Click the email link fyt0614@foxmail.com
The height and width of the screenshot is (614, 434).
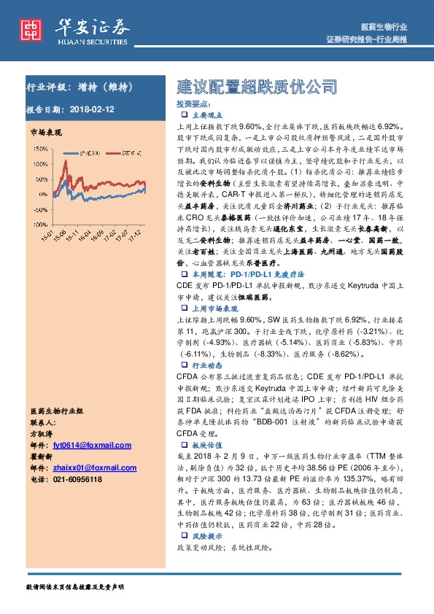[x=92, y=445]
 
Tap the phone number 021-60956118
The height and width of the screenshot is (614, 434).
[x=77, y=479]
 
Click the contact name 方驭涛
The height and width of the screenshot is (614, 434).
[x=43, y=433]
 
